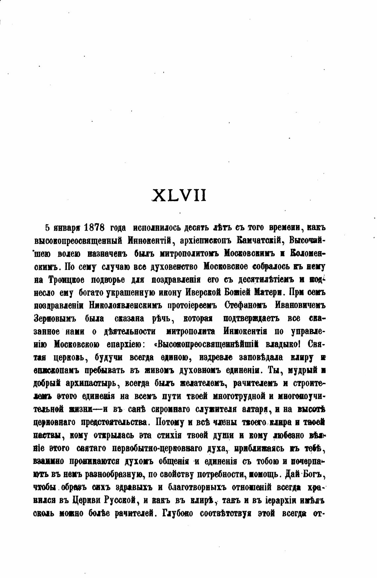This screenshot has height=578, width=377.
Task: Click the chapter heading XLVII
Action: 179,195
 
